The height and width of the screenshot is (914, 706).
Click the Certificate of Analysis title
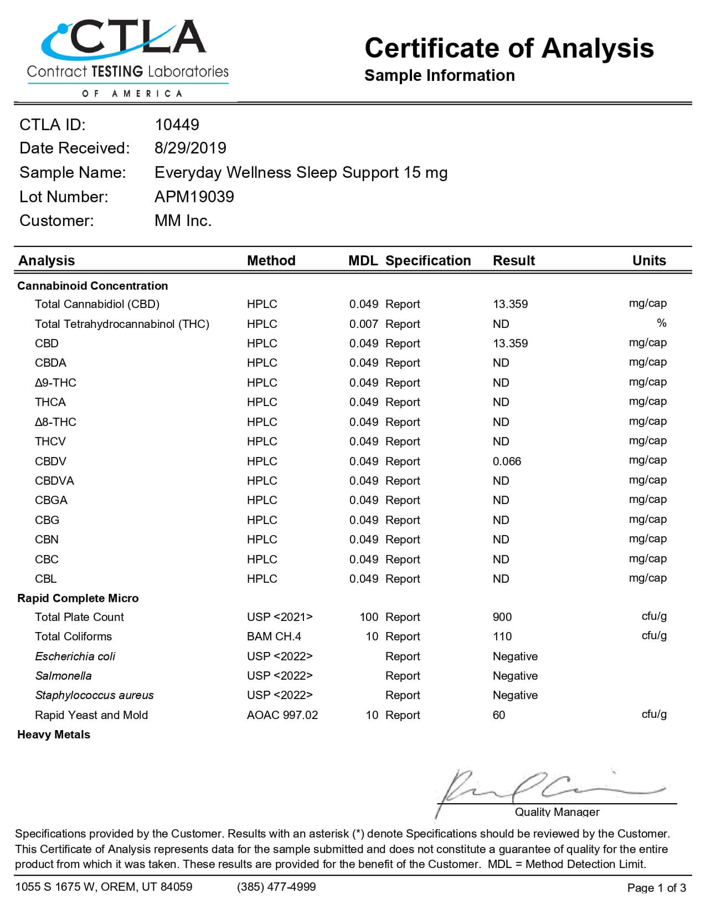pos(509,48)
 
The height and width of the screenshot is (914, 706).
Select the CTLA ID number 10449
pos(177,125)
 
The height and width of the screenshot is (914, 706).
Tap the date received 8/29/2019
pos(190,148)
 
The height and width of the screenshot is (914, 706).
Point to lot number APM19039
pos(194,197)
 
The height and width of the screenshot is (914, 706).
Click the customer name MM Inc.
pos(183,220)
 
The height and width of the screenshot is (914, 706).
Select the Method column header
pos(271,260)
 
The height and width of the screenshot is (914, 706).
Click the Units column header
pos(649,260)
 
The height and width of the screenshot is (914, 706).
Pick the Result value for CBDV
pos(507,461)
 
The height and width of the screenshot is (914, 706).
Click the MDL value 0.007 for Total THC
pos(363,324)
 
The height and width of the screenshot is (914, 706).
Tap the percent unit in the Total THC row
pos(661,323)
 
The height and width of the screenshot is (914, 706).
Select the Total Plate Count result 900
pos(502,617)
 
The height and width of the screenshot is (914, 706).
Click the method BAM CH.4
pos(274,636)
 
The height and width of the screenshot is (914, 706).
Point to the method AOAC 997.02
pos(282,715)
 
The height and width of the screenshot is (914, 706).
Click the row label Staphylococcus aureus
pos(94,695)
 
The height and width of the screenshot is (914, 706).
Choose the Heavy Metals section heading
pos(54,735)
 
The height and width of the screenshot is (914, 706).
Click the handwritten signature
pos(548,789)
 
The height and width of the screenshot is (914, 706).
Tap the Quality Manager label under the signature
pos(557,812)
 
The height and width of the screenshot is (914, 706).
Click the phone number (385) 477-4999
pos(276,887)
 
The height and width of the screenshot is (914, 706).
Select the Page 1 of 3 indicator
pos(656,888)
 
